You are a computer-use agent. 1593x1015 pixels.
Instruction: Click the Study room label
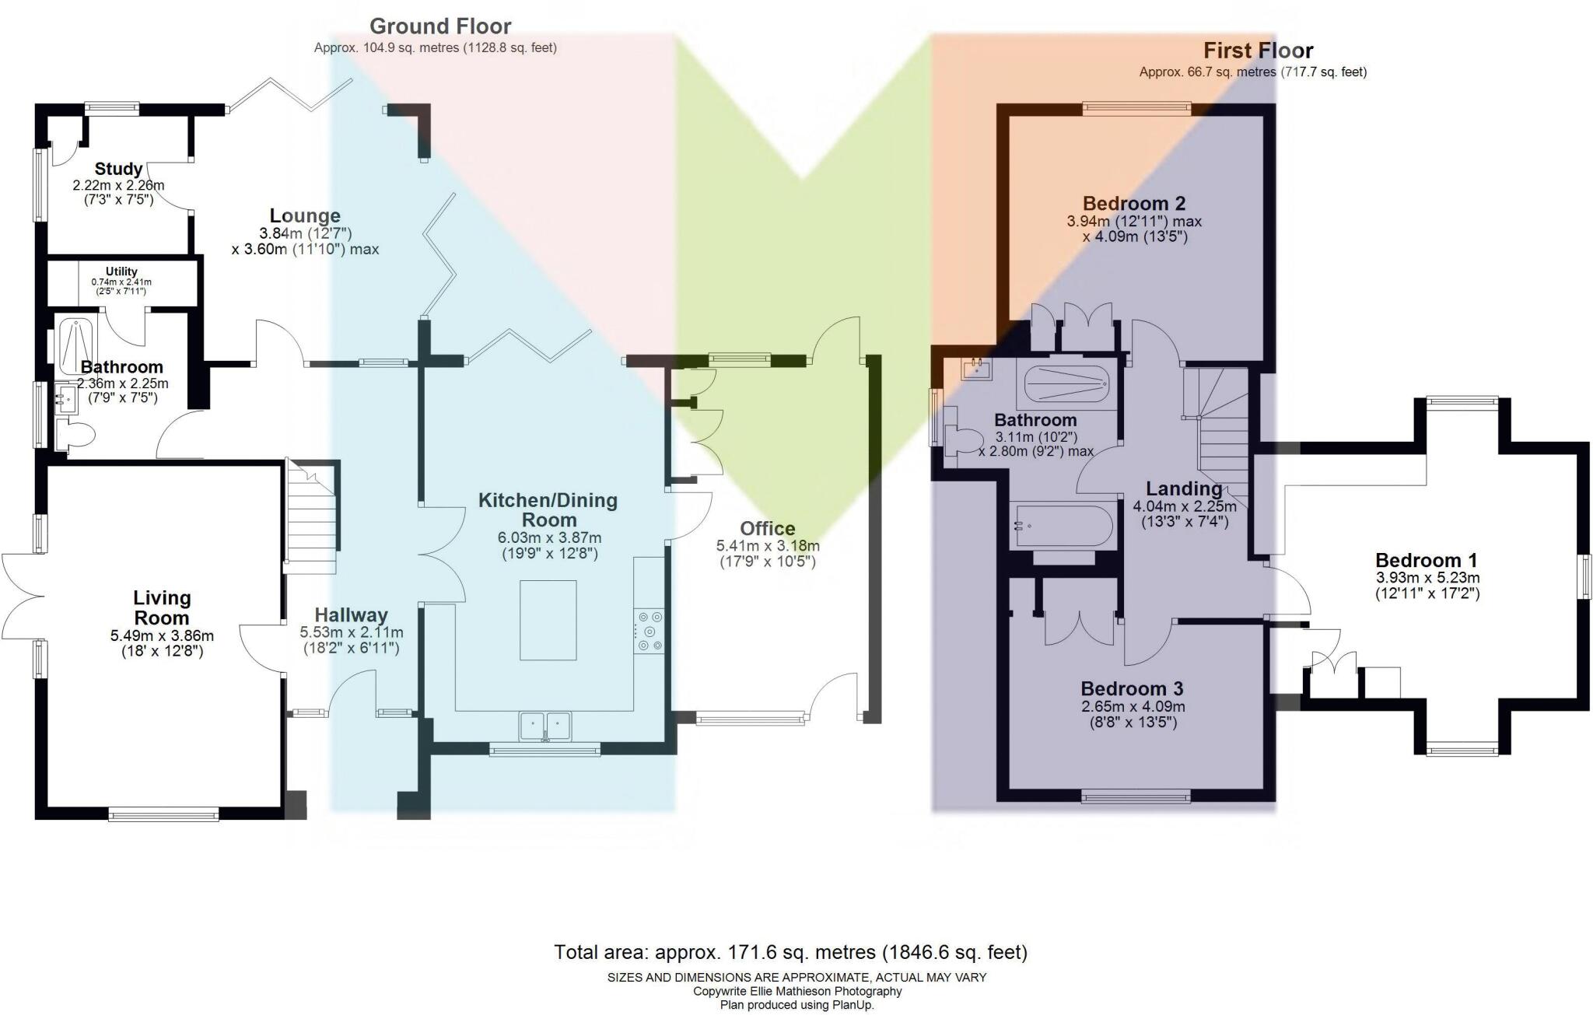(118, 169)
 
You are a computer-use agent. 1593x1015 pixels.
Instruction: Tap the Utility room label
(121, 271)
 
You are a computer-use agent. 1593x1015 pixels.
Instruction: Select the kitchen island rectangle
(548, 620)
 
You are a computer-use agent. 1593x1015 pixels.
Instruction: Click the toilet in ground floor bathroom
(75, 436)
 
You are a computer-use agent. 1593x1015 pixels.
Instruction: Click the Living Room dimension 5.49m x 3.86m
(162, 635)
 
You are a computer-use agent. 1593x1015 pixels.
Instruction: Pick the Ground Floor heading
(440, 26)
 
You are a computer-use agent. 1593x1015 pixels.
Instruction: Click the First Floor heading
(1258, 51)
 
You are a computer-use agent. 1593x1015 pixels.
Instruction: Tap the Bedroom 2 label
(1134, 203)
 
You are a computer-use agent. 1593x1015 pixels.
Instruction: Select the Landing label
(1184, 488)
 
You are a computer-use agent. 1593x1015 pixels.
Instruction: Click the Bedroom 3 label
(1132, 688)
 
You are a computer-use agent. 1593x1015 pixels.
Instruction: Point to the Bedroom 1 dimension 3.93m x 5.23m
(1427, 578)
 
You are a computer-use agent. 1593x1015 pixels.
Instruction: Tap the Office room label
(767, 528)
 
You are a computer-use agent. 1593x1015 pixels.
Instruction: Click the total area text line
(790, 952)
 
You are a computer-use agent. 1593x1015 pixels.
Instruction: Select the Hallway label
(351, 614)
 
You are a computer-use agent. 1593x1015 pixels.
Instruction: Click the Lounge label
(305, 215)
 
